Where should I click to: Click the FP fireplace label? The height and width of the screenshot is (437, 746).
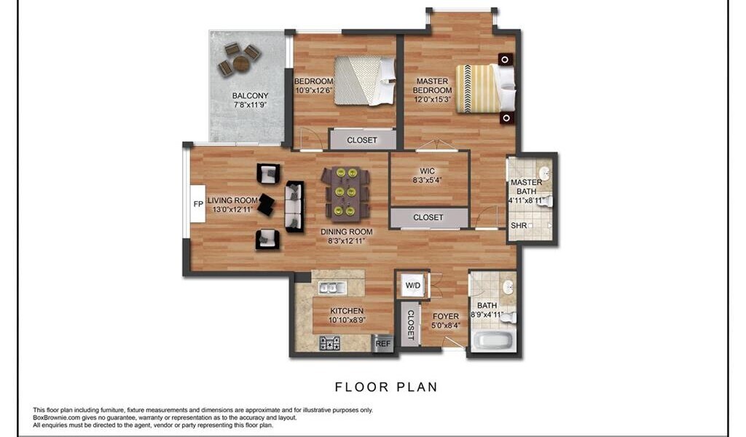point(198,204)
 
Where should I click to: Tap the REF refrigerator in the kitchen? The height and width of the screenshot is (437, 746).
point(382,343)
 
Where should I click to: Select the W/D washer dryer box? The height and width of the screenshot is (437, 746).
point(413,286)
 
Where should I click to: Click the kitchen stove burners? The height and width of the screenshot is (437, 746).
point(329,343)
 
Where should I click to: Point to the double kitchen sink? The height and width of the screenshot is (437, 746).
point(332,287)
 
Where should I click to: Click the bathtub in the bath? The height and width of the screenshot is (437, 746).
point(493,341)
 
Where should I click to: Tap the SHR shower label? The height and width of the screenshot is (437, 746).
point(519,225)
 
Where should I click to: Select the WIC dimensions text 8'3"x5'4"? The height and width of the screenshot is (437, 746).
point(427,180)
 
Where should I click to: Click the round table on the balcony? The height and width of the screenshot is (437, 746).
point(240,63)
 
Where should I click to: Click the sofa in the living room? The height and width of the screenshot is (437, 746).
point(294,206)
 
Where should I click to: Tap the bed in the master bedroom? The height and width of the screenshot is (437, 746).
point(485,88)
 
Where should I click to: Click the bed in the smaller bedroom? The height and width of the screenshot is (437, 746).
point(365,81)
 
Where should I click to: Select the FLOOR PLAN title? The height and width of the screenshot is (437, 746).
point(386,387)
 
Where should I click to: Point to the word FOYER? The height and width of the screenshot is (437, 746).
point(446,316)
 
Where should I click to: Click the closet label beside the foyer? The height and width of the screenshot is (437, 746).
point(410,326)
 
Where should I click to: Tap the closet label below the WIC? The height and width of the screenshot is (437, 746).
point(428,217)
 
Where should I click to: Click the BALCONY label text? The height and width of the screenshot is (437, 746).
point(251,95)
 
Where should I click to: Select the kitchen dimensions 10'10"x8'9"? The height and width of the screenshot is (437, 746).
point(348,320)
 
